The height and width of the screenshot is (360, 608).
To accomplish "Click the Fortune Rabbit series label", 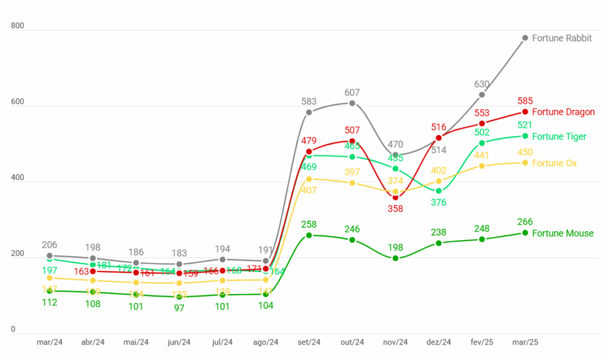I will tap(562, 38).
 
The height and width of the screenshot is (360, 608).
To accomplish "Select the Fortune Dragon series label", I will tap(563, 112).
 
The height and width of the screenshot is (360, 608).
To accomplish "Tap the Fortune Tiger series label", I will tap(559, 136).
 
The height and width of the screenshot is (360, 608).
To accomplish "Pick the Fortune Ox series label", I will tap(554, 163).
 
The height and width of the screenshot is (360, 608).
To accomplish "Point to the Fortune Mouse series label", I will tap(562, 233).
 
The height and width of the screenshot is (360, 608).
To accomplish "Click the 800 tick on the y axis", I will tap(17, 26).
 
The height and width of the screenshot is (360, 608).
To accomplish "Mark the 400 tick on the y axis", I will tap(17, 178).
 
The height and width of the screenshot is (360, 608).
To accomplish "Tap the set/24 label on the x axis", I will tap(309, 342).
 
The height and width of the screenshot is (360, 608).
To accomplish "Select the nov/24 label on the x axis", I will tap(395, 342).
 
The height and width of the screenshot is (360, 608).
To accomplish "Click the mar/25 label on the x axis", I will tap(525, 342).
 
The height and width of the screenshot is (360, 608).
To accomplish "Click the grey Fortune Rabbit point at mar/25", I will tap(525, 38).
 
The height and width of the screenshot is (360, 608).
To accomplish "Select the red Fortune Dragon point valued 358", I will tap(395, 197).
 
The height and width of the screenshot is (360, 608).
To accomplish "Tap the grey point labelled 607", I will tap(352, 103).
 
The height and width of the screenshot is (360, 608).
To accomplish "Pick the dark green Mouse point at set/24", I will tap(309, 235).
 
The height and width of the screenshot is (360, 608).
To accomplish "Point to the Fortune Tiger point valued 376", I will tap(439, 191).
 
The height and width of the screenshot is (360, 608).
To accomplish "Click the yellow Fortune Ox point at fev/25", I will tap(482, 166).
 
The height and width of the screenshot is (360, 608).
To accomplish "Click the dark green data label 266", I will tap(525, 222).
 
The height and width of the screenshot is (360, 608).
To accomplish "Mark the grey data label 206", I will tap(50, 245).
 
